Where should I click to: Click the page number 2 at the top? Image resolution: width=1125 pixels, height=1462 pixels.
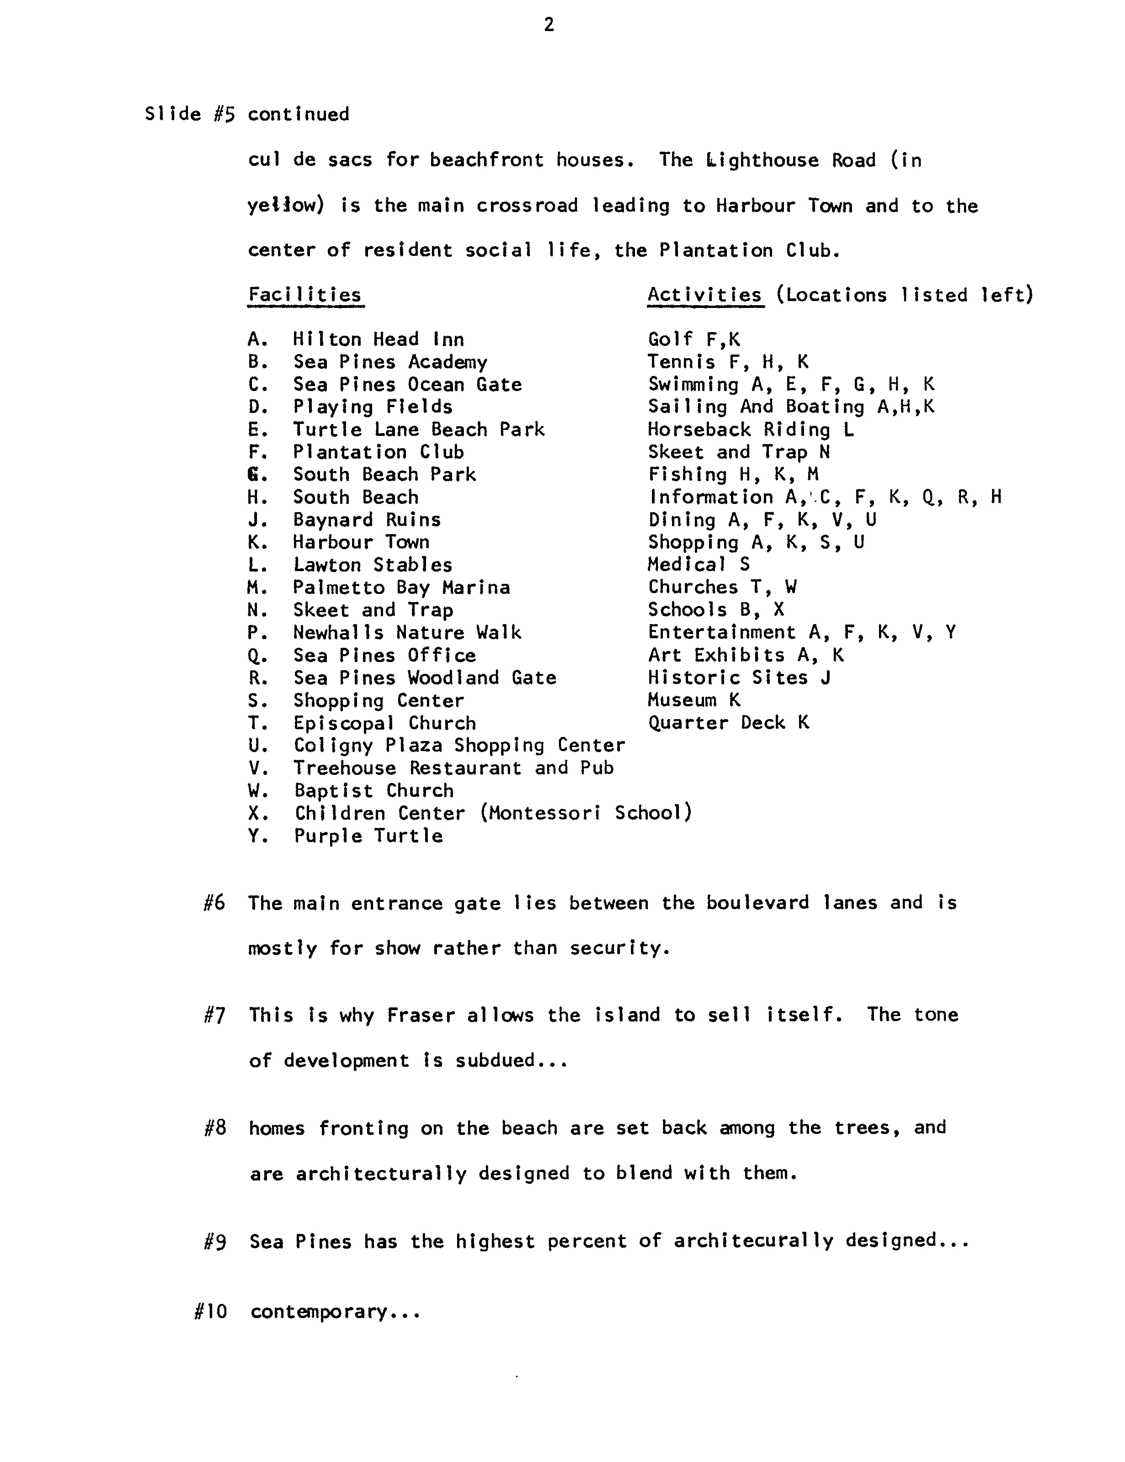pos(549,25)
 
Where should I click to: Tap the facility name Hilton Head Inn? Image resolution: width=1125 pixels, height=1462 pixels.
pos(378,339)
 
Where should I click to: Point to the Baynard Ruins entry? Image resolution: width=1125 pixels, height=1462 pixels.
pos(367,520)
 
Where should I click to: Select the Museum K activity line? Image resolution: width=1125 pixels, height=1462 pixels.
pos(694,700)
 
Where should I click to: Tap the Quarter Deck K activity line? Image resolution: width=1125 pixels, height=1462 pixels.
pos(728,723)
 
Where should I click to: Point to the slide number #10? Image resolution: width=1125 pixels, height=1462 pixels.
pos(210,1311)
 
